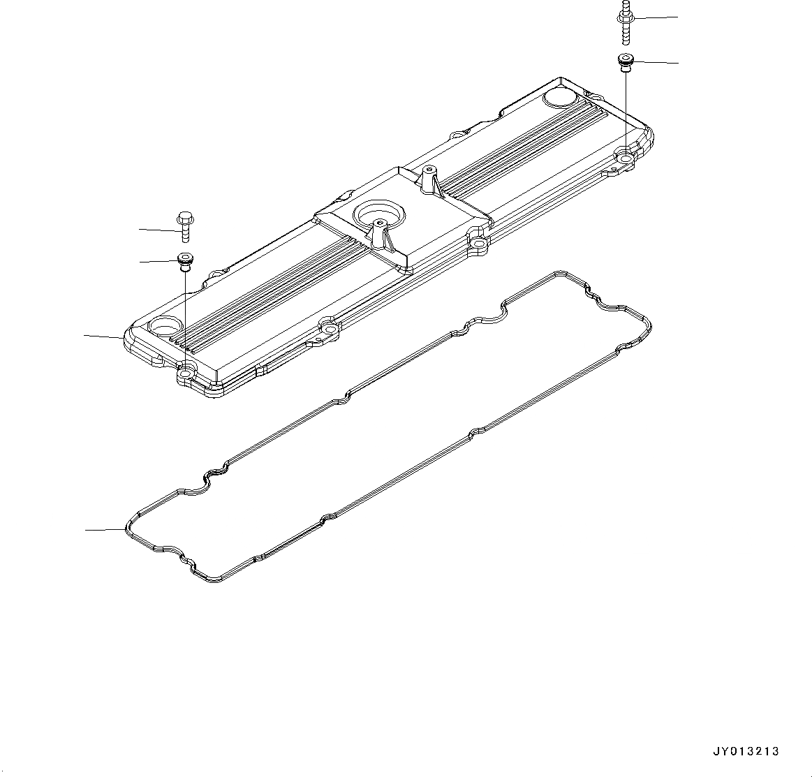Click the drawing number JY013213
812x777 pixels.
pyautogui.click(x=746, y=752)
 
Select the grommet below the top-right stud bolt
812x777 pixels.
pyautogui.click(x=625, y=61)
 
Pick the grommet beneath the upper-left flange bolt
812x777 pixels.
pyautogui.click(x=184, y=260)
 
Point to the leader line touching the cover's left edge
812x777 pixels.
pyautogui.click(x=105, y=336)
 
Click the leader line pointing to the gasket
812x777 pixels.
pyautogui.click(x=105, y=530)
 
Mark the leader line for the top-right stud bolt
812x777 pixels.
pyautogui.click(x=656, y=17)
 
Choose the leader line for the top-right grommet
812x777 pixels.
pyautogui.click(x=656, y=63)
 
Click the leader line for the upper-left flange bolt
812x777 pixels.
pyautogui.click(x=159, y=229)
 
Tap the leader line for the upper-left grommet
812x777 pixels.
pyautogui.click(x=159, y=262)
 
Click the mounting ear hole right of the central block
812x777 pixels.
pyautogui.click(x=478, y=244)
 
